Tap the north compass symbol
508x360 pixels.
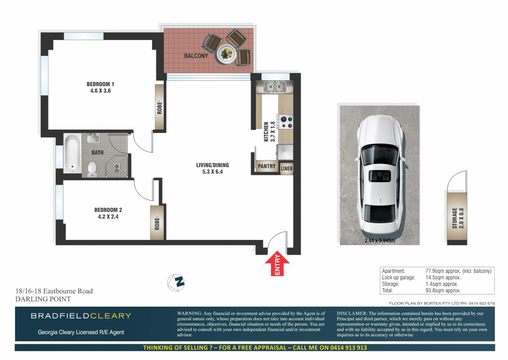pos(176,282)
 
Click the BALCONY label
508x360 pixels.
pos(196,56)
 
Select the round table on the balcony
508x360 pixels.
pos(227,53)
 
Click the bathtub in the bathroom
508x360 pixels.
pos(72,153)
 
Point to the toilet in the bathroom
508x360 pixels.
pos(92,169)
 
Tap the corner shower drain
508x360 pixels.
pos(117,166)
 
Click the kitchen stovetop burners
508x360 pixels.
pos(286,122)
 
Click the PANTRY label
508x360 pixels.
pos(267,166)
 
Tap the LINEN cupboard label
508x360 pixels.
pos(286,168)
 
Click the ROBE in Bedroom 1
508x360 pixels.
pos(160,107)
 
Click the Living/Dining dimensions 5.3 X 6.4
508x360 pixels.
pos(212,172)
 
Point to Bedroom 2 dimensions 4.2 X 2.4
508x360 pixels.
pos(108,216)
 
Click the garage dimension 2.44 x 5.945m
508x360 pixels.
pos(380,240)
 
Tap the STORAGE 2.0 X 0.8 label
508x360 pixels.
pos(458,218)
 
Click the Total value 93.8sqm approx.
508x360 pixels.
pos(443,290)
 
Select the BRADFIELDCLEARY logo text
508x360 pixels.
pos(81,316)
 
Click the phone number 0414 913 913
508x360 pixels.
pos(348,347)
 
